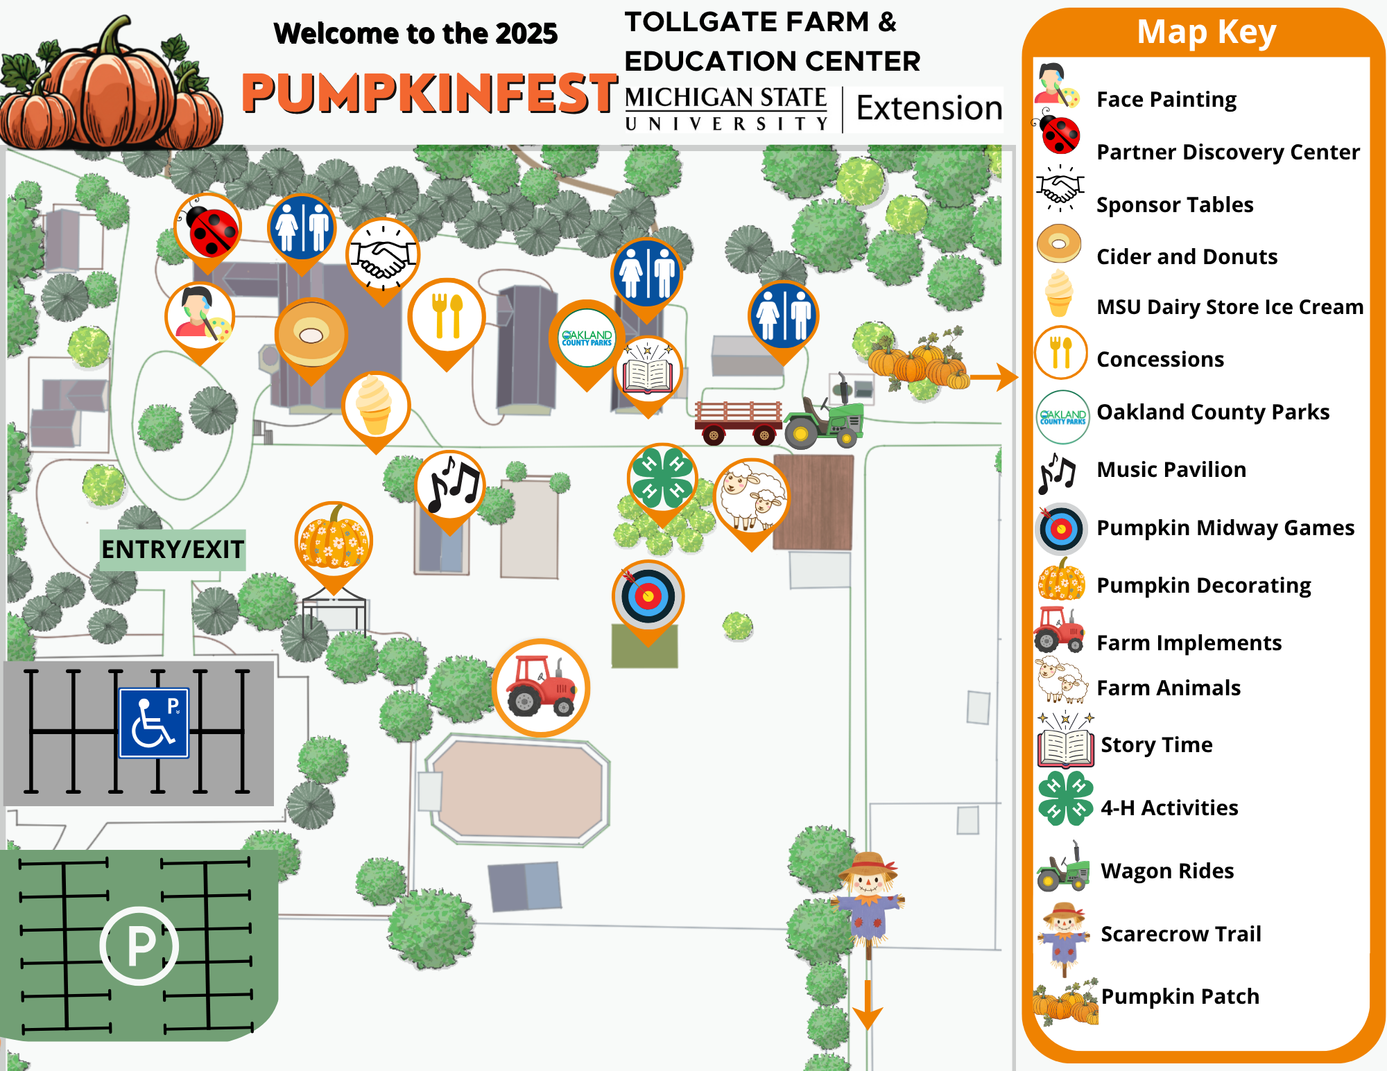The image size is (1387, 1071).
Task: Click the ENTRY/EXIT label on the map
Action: point(172,550)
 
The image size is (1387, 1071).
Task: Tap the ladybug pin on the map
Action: point(207,229)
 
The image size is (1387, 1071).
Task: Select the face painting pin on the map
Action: point(200,317)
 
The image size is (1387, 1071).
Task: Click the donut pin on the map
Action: point(311,335)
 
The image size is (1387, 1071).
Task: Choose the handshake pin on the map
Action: point(383,256)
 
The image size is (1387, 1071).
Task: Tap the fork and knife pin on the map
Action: point(447,317)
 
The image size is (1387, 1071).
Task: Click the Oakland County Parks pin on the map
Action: point(587,338)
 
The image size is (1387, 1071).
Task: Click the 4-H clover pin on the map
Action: point(662,478)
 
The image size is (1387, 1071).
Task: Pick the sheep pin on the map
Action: point(751,495)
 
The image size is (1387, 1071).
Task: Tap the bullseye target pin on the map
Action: point(648,595)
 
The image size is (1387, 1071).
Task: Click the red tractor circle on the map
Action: point(541,688)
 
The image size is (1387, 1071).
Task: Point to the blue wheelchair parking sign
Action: point(154,723)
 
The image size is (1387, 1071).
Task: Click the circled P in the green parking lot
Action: point(139,946)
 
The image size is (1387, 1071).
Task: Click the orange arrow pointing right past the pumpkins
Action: point(994,377)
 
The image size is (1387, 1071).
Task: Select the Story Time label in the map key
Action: point(1156,745)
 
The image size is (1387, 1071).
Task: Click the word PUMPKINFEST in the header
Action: point(429,94)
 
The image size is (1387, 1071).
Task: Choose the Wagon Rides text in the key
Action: point(1167,871)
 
